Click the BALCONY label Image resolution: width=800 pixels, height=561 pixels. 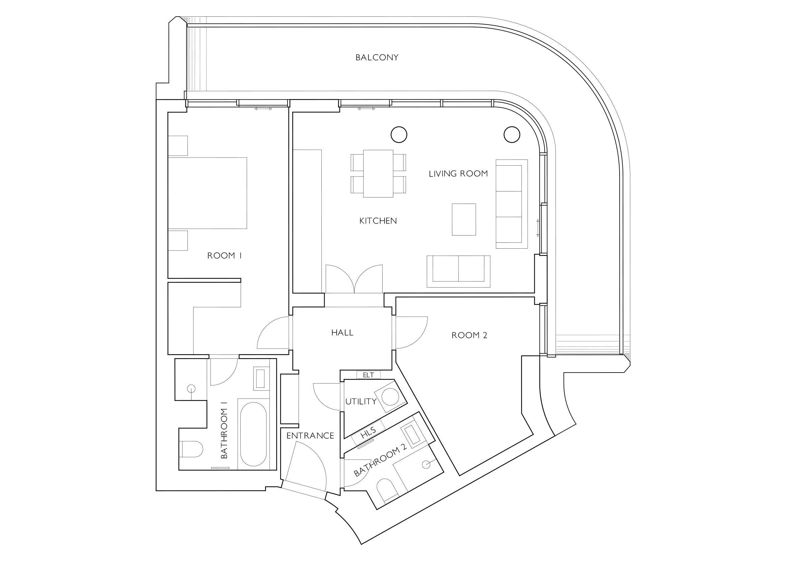tap(377, 58)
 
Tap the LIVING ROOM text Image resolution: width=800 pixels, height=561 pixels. tap(458, 173)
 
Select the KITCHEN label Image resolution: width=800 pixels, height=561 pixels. tap(378, 221)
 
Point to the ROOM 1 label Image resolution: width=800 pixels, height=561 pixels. tap(224, 255)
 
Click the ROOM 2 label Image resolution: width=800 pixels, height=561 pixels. tap(469, 335)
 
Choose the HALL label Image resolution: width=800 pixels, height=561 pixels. tap(342, 332)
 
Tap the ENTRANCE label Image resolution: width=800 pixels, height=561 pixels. tap(310, 435)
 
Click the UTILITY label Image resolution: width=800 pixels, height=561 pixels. tap(361, 401)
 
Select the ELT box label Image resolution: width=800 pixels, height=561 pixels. tap(368, 375)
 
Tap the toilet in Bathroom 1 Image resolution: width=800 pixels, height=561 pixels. tap(190, 450)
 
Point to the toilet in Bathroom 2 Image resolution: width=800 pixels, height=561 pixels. tap(388, 490)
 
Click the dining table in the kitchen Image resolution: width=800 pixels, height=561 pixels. tap(378, 173)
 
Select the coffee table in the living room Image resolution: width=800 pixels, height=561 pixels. tap(464, 220)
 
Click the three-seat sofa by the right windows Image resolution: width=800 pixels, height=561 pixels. tap(511, 204)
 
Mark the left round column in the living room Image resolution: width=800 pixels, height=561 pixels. tap(399, 134)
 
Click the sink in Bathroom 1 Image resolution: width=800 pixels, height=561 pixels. tap(261, 379)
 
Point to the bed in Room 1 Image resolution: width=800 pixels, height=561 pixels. tap(207, 193)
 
